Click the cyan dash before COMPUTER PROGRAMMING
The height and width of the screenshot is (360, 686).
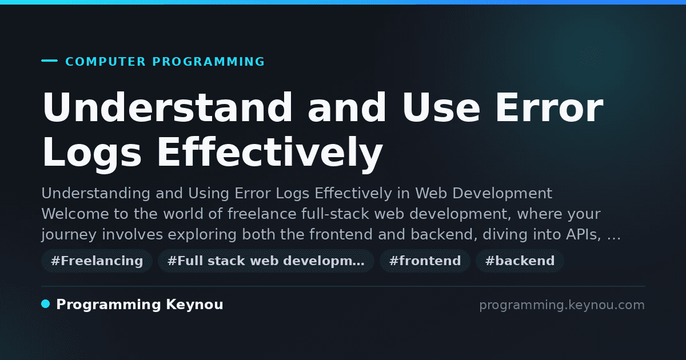(x=49, y=61)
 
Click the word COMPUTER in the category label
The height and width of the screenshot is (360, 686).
(x=106, y=62)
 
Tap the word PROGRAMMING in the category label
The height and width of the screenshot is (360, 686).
(x=209, y=62)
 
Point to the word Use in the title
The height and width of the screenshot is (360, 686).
(x=441, y=107)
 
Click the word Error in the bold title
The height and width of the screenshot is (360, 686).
(x=549, y=107)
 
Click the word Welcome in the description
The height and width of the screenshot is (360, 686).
(x=75, y=214)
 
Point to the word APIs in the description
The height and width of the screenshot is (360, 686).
(x=584, y=234)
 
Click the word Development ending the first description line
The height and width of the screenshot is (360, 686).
(x=502, y=194)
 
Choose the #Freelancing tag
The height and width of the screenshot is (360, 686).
(x=97, y=261)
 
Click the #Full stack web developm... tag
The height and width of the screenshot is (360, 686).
(x=266, y=261)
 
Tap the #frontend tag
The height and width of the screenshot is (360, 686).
(x=425, y=261)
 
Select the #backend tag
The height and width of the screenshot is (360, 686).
(x=520, y=261)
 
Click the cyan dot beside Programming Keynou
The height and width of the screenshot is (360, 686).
(x=46, y=304)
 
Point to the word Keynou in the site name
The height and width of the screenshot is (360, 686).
(x=194, y=305)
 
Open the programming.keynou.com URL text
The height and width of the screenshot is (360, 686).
(x=562, y=305)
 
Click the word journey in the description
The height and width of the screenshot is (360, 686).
(x=69, y=235)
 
